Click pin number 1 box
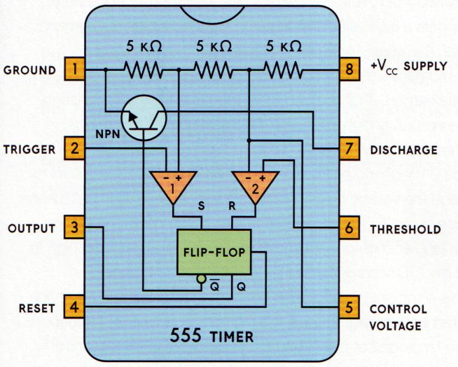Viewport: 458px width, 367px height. coord(75,70)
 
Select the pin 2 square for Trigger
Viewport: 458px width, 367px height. coord(75,149)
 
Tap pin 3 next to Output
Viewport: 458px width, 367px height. coord(75,228)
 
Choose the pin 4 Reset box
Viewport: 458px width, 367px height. coord(75,307)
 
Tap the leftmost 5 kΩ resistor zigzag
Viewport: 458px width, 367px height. coord(143,70)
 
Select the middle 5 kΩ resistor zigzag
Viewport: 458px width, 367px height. coord(213,70)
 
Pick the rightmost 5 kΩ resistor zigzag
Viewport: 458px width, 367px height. coord(283,70)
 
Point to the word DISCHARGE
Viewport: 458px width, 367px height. coord(405,149)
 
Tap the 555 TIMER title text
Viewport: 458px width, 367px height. coord(214,335)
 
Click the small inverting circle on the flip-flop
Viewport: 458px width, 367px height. coord(201,279)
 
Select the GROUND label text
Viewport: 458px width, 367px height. coord(29,71)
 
